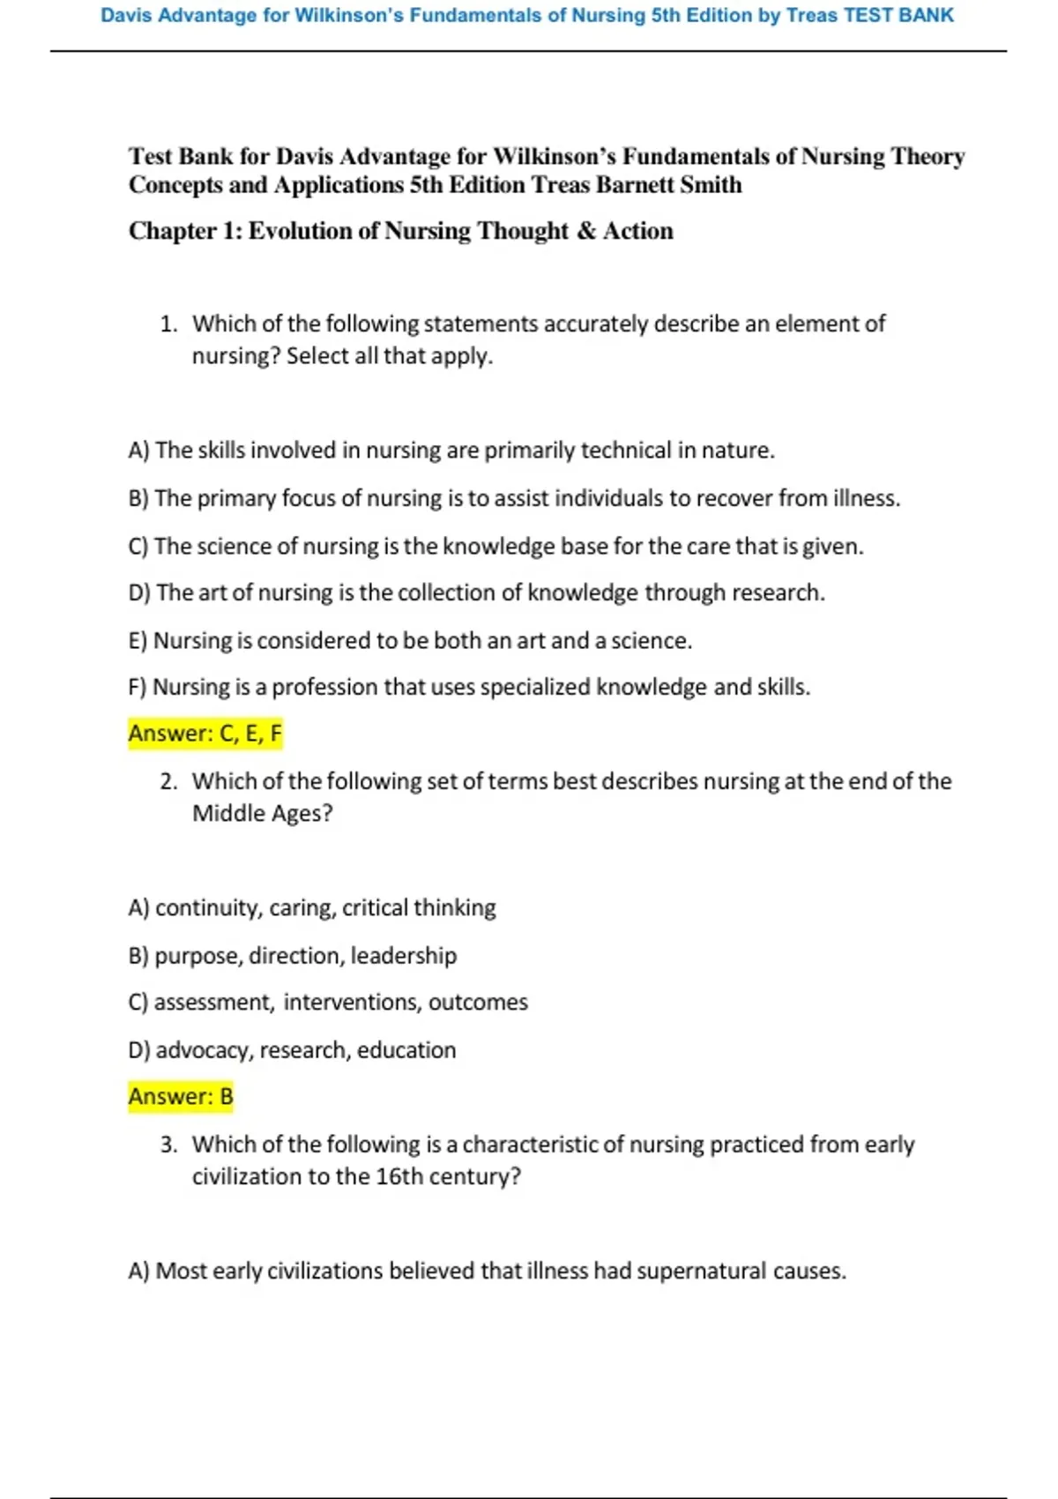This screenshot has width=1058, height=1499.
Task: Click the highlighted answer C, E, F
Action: point(205,734)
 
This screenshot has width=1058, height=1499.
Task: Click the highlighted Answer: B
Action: point(181,1097)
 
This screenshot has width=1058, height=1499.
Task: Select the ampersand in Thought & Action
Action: point(586,231)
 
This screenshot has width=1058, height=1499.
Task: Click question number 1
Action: point(168,324)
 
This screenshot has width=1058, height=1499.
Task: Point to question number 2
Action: point(168,781)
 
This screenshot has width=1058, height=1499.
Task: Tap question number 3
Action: point(168,1145)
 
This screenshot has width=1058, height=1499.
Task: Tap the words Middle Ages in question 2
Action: point(262,813)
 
